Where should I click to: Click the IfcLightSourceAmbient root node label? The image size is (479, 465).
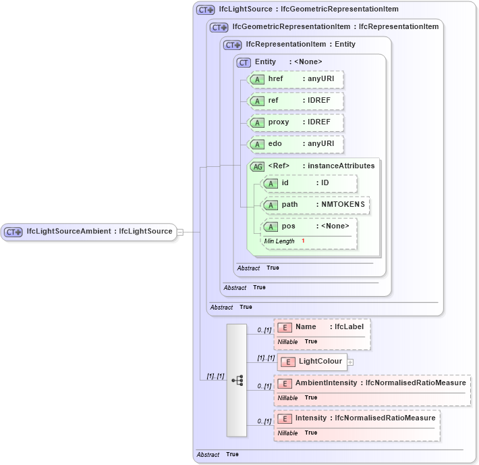pyautogui.click(x=99, y=232)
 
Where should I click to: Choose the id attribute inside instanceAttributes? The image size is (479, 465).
pyautogui.click(x=310, y=183)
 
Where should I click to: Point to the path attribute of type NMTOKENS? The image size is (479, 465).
pyautogui.click(x=316, y=205)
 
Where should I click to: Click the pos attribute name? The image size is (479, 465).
pyautogui.click(x=289, y=226)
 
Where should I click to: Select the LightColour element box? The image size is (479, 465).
pyautogui.click(x=312, y=362)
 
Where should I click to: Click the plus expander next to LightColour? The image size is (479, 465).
pyautogui.click(x=350, y=362)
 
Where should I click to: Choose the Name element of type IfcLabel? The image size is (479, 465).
pyautogui.click(x=306, y=327)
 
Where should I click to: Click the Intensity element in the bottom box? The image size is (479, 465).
pyautogui.click(x=311, y=418)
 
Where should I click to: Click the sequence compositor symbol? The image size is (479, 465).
pyautogui.click(x=237, y=380)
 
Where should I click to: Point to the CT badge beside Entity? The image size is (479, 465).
pyautogui.click(x=244, y=62)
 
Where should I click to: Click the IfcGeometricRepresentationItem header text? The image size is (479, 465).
pyautogui.click(x=289, y=27)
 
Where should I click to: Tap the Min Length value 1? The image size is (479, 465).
pyautogui.click(x=303, y=241)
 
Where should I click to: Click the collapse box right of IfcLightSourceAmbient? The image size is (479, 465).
pyautogui.click(x=180, y=232)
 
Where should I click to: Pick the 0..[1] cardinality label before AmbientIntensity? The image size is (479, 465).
pyautogui.click(x=264, y=387)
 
